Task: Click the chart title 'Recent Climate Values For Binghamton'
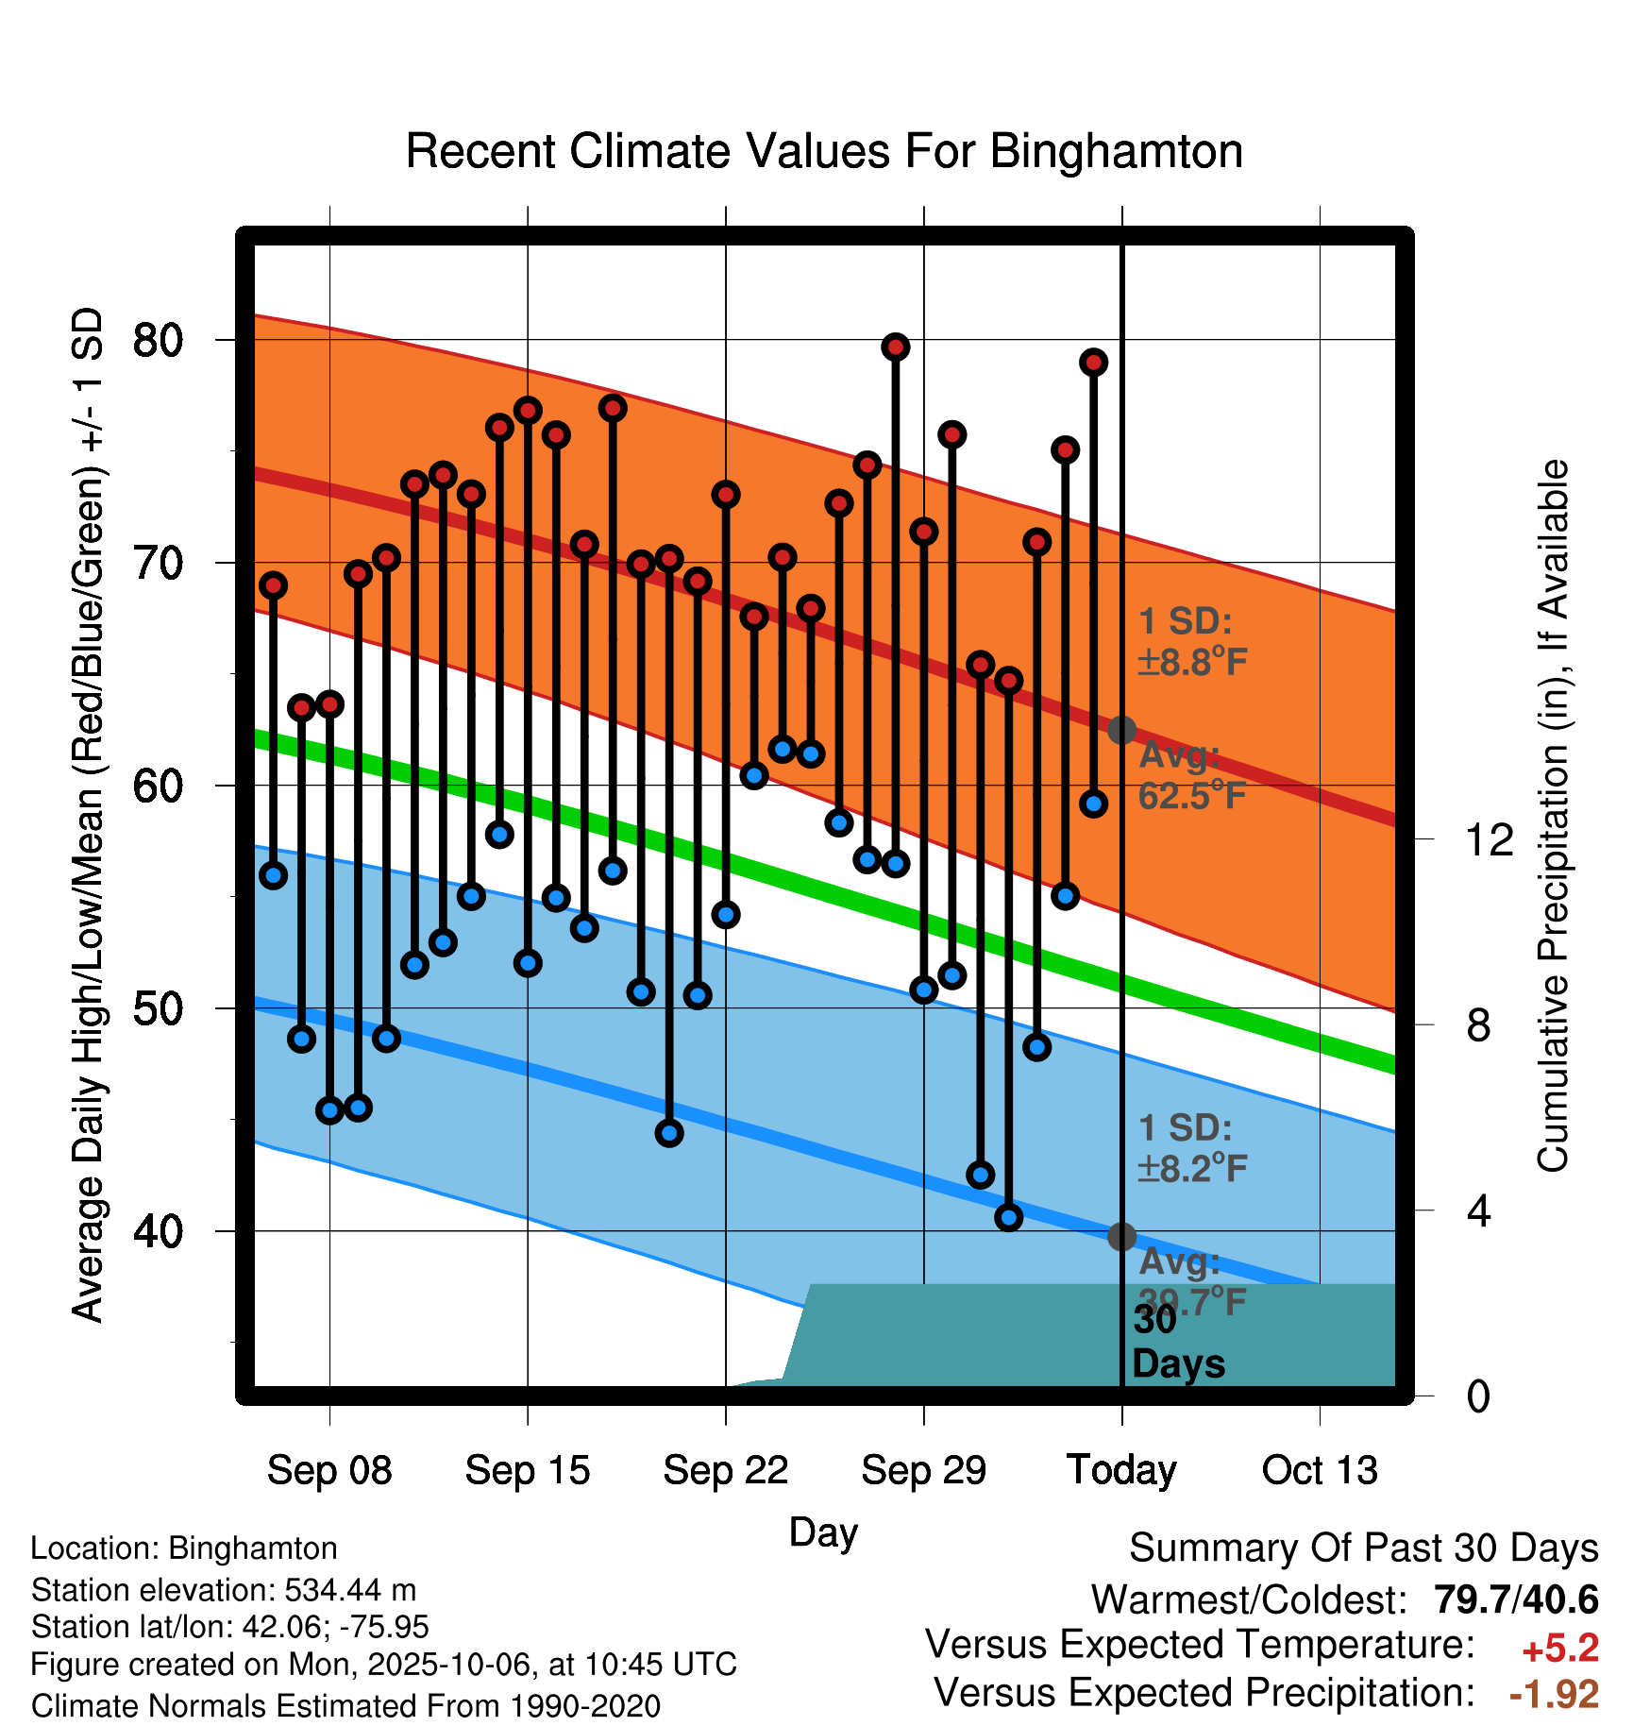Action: [823, 151]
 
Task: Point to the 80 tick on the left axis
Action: [158, 340]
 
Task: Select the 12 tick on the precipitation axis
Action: [1489, 839]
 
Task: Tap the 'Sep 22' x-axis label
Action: [725, 1470]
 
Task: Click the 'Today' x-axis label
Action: [1121, 1470]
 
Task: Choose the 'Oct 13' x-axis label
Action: [1320, 1470]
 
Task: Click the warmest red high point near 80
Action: [895, 347]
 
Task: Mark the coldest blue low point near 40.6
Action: [1008, 1217]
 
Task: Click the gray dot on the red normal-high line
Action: [1121, 730]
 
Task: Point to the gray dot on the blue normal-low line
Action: [1121, 1236]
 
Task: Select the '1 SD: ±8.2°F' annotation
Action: [1191, 1148]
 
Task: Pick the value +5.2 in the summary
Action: [1559, 1649]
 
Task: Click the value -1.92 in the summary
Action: [1554, 1694]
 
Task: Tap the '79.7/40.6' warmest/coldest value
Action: [1516, 1599]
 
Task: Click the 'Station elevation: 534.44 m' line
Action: [224, 1590]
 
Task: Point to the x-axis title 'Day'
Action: [823, 1531]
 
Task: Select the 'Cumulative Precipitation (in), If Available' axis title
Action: [1553, 817]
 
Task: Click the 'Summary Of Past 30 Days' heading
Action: [1363, 1548]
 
